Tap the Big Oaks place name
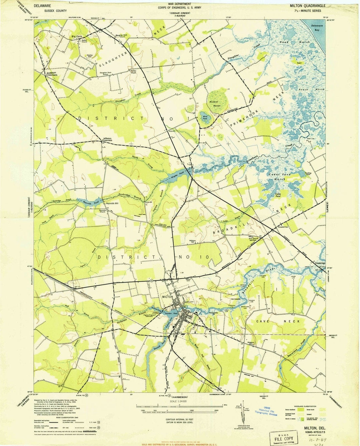pos(76,36)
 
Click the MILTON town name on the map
pos(167,297)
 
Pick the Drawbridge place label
pos(320,263)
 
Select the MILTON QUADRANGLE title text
pos(307,6)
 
